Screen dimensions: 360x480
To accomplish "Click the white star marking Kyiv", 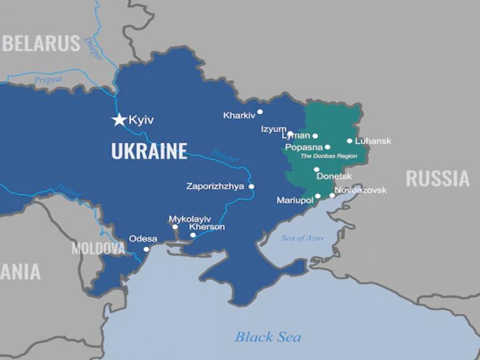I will (x=119, y=119).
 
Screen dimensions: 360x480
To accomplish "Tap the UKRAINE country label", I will (x=149, y=151).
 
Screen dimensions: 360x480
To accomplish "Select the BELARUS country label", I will (x=42, y=43).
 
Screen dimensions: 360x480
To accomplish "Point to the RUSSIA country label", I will (x=437, y=178).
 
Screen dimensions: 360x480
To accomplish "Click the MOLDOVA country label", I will (x=98, y=248).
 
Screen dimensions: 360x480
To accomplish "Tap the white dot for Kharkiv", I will (x=260, y=112).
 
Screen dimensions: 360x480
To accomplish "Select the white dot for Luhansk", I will (x=350, y=141).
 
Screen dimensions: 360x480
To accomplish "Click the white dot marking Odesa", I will (x=146, y=249).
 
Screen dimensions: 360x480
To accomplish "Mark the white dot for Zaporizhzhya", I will (x=251, y=187).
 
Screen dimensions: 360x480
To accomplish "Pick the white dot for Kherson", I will (x=193, y=235).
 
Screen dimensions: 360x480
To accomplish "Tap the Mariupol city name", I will (x=294, y=200).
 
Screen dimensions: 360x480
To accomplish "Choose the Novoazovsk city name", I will (x=361, y=190).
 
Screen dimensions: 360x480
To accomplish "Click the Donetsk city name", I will (x=334, y=176).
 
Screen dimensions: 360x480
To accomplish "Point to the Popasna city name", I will (x=304, y=147).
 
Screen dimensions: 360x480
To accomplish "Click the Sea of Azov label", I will (x=302, y=238).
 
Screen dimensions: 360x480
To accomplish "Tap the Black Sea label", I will (x=268, y=337).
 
